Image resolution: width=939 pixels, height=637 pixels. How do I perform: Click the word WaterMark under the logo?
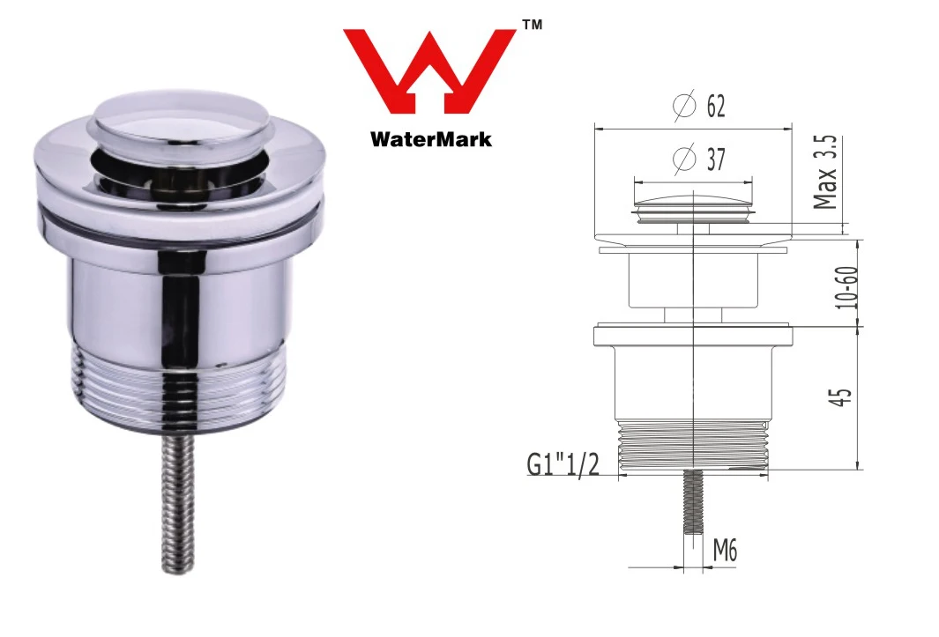(x=430, y=138)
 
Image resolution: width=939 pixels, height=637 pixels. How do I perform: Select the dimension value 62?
(x=715, y=107)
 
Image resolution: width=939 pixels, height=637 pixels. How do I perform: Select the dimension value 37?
(x=715, y=159)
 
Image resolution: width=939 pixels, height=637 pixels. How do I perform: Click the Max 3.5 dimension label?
(x=825, y=173)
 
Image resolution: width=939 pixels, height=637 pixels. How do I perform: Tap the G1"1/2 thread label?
(x=563, y=464)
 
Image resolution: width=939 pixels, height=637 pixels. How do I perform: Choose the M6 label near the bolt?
(x=724, y=552)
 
